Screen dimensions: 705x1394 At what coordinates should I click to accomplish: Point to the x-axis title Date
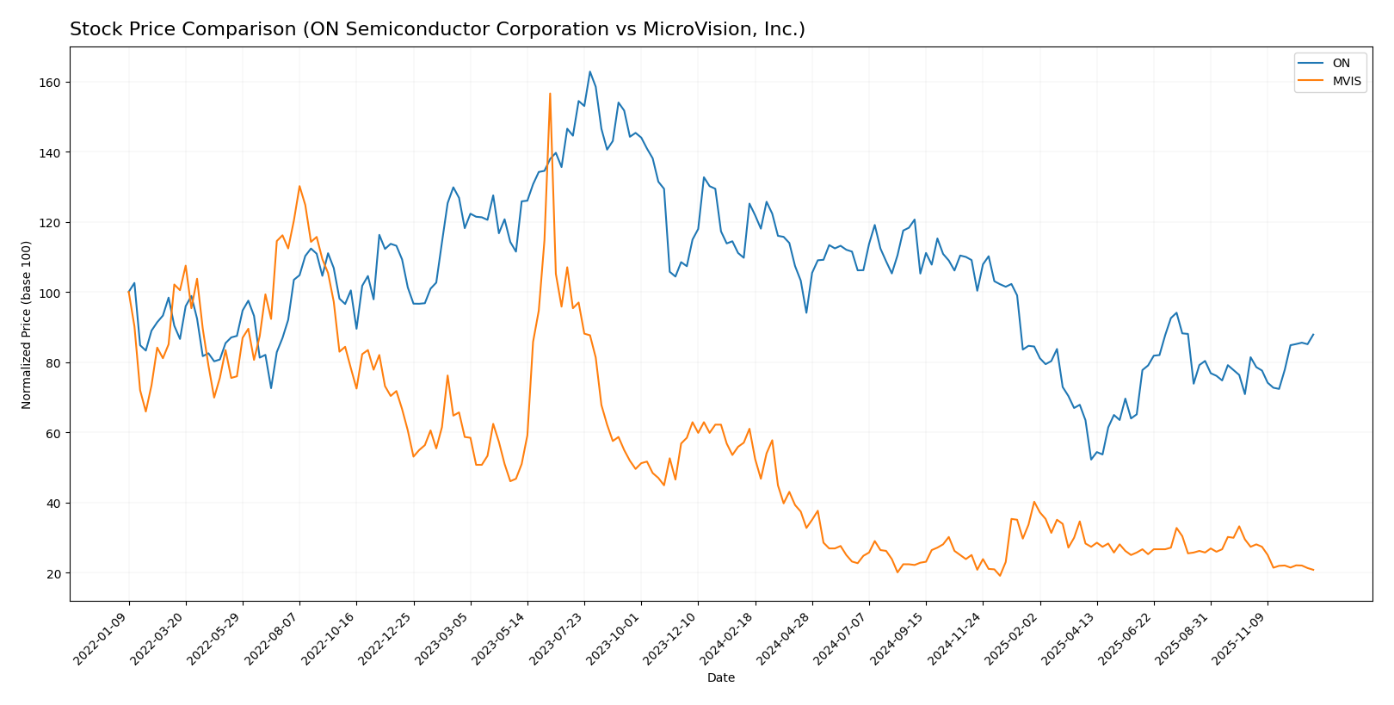720,678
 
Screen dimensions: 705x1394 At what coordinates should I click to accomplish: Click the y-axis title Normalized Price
27,325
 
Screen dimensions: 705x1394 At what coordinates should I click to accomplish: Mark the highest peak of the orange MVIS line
550,94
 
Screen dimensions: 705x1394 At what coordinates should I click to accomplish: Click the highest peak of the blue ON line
589,71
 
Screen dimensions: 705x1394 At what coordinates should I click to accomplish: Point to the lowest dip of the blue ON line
1091,459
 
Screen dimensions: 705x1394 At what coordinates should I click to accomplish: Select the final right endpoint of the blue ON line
1313,335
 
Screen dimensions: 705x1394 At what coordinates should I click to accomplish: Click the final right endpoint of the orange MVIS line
1313,570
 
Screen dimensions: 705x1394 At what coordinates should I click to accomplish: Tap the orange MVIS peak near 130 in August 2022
299,186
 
